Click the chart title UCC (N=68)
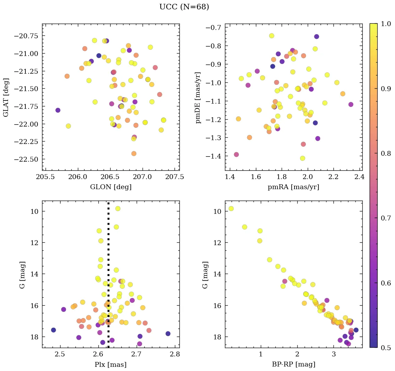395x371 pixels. (x=184, y=7)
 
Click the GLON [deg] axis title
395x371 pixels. (x=111, y=187)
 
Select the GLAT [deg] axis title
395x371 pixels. (x=6, y=97)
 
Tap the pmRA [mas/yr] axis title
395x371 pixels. (x=293, y=187)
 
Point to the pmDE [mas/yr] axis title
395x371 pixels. (x=199, y=97)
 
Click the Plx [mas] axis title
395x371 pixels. (x=111, y=364)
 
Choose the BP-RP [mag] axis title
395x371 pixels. (x=293, y=364)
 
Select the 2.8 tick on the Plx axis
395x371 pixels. (x=175, y=354)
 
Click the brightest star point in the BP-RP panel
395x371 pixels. (x=231, y=209)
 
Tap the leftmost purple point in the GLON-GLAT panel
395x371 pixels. (x=58, y=110)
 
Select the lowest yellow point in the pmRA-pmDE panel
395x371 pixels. (x=303, y=158)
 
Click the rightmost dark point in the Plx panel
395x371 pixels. (x=168, y=333)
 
